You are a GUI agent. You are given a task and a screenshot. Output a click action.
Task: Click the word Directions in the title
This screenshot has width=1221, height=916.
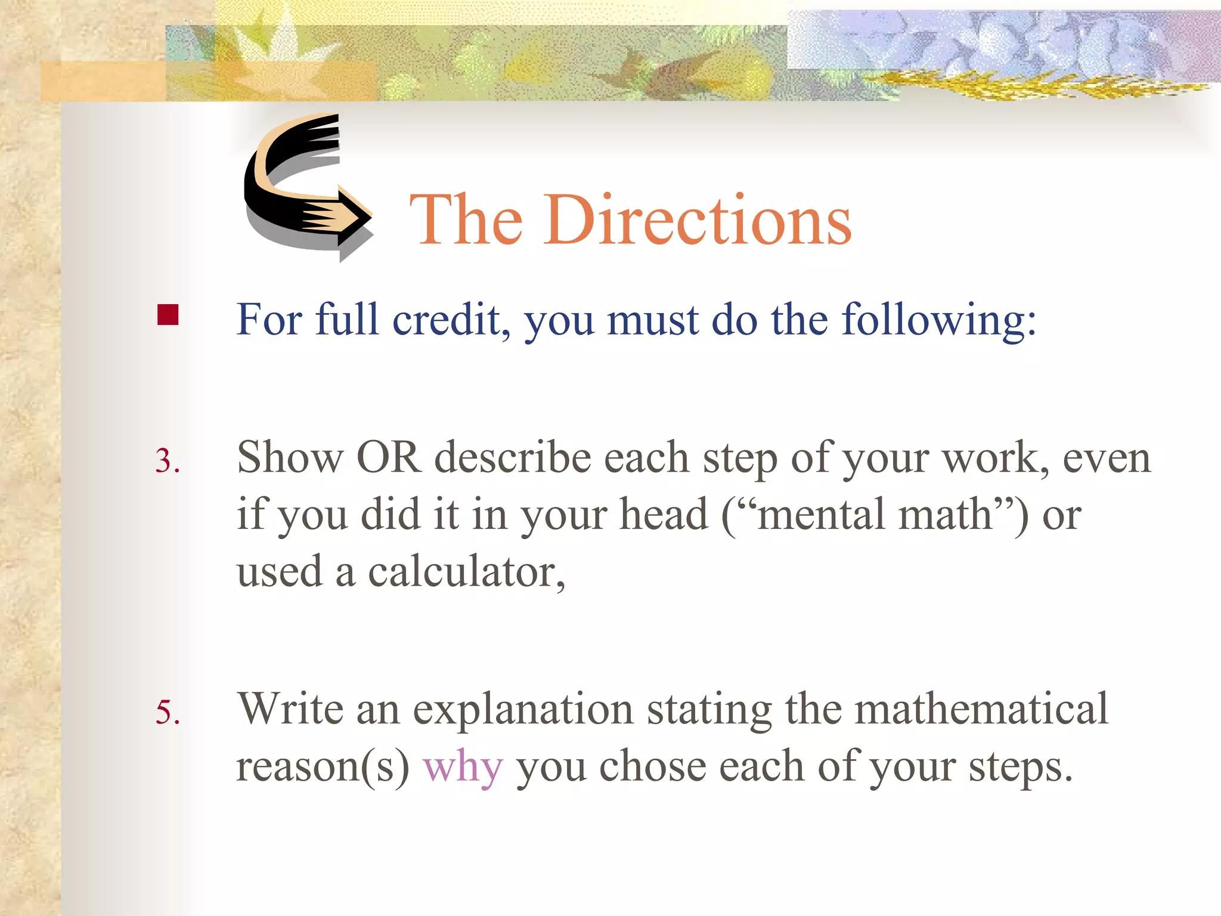point(698,221)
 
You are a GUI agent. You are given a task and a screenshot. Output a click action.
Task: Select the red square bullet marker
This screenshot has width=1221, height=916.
point(168,315)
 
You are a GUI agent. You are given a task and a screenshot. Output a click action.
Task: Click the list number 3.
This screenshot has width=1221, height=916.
point(168,461)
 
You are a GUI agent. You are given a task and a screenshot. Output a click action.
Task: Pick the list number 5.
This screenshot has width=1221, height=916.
point(168,713)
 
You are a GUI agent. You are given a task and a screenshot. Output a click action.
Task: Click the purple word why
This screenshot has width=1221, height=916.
point(463,767)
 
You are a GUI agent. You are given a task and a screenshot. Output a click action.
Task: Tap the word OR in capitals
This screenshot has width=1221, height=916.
point(388,458)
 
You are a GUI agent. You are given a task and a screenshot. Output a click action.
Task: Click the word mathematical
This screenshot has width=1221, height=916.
point(981,710)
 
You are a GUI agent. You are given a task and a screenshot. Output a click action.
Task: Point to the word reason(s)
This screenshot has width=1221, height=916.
point(323,767)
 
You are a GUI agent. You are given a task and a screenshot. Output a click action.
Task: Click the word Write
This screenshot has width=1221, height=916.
point(290,710)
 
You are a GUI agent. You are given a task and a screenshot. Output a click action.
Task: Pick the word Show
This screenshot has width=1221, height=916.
point(290,458)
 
